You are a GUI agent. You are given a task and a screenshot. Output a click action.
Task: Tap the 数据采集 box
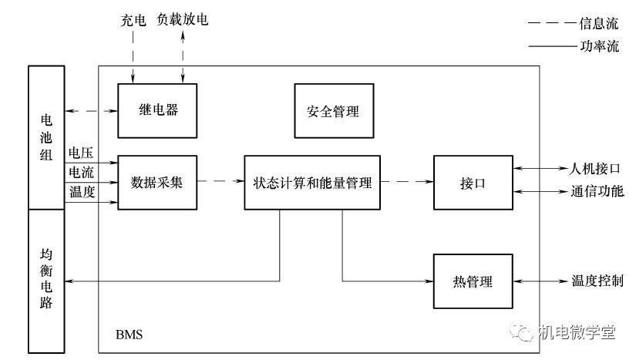[x=157, y=183]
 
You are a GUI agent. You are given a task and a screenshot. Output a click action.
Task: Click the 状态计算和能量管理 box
[x=312, y=183]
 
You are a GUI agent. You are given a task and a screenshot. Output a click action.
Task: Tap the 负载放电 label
[x=183, y=19]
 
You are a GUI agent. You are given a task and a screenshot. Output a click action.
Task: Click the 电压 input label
[x=82, y=153]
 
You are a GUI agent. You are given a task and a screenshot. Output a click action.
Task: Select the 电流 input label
[x=82, y=172]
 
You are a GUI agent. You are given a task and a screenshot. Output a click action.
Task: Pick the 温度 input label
[x=82, y=192]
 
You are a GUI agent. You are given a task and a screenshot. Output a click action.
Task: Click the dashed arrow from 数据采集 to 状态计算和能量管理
[x=220, y=183]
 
